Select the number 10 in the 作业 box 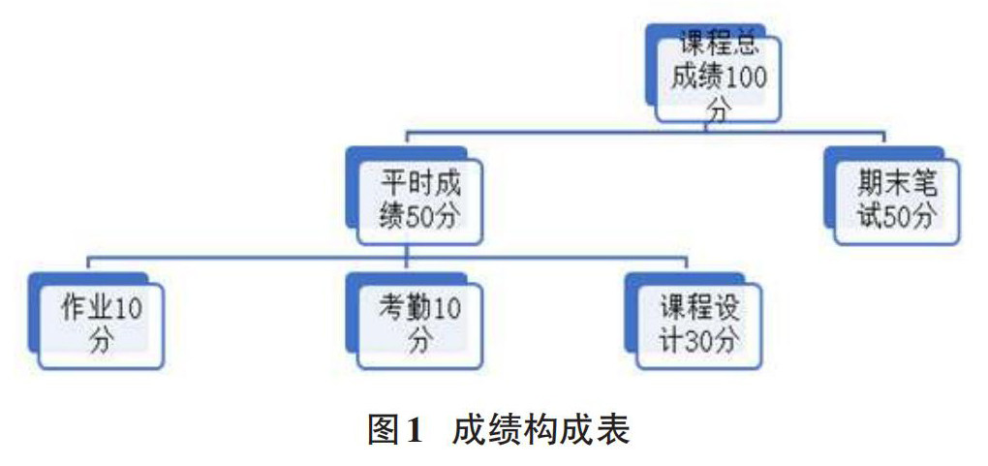point(130,309)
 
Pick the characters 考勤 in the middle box point(402,309)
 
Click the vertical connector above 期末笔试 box point(884,138)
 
